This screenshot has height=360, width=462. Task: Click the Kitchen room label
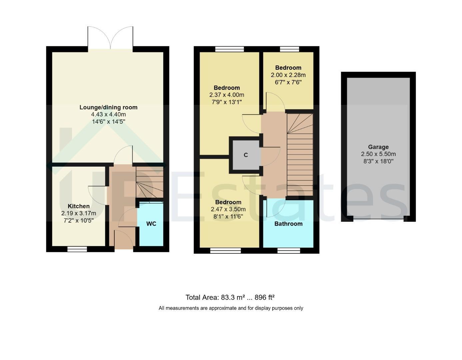[79, 206]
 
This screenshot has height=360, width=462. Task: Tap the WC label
[151, 224]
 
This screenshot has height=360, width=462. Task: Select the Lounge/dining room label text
[108, 107]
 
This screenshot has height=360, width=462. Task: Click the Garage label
[378, 147]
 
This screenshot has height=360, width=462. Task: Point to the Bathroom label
[288, 224]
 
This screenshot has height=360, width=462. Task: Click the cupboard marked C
[246, 155]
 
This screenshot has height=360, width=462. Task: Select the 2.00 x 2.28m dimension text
[288, 75]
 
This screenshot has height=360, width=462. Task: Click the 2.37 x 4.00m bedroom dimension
[227, 95]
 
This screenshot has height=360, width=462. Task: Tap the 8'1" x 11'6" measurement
[228, 216]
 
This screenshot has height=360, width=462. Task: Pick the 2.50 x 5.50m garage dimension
[378, 154]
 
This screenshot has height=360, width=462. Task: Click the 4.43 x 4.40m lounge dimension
[108, 114]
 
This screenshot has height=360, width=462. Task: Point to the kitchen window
[77, 249]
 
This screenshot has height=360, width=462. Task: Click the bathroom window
[289, 251]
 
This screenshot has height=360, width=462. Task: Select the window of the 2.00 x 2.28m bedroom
[290, 49]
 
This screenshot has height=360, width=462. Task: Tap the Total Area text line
[230, 297]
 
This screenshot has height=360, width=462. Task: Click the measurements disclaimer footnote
[231, 308]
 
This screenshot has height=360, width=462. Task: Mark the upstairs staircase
[300, 154]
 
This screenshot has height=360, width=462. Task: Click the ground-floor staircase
[150, 182]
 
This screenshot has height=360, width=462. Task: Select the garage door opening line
[378, 219]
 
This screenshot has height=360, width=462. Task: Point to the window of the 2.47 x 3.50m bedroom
[226, 251]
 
